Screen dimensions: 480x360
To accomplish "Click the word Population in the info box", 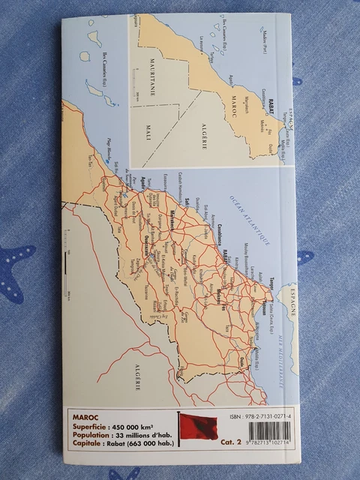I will tap(94, 434).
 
